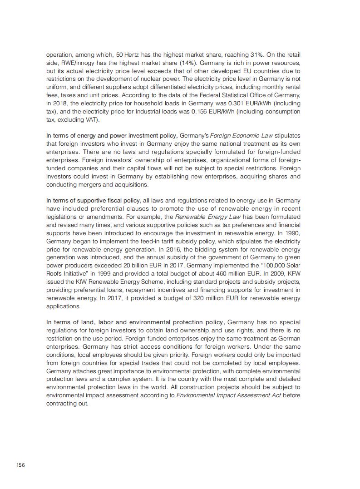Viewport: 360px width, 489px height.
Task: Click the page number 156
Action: tap(20, 464)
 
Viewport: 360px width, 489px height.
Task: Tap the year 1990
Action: tap(292, 233)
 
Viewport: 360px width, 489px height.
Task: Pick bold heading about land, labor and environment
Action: tap(135, 322)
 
